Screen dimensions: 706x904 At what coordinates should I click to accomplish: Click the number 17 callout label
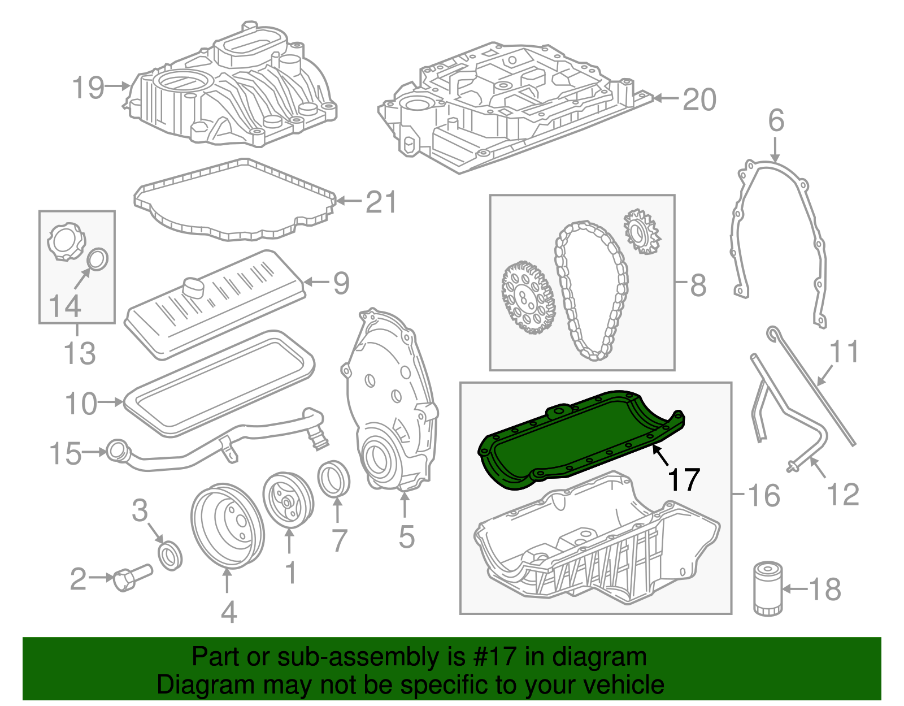tap(684, 480)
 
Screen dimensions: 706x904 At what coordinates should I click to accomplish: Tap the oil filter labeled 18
tap(768, 588)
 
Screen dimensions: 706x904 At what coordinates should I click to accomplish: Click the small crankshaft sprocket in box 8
tap(642, 232)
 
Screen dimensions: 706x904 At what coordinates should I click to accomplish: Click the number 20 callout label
tap(699, 100)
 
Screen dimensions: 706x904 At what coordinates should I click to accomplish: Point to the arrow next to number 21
tap(347, 201)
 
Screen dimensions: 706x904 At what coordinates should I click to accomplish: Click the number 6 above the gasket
tap(776, 120)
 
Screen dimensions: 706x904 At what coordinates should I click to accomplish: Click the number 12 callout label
tap(843, 494)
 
